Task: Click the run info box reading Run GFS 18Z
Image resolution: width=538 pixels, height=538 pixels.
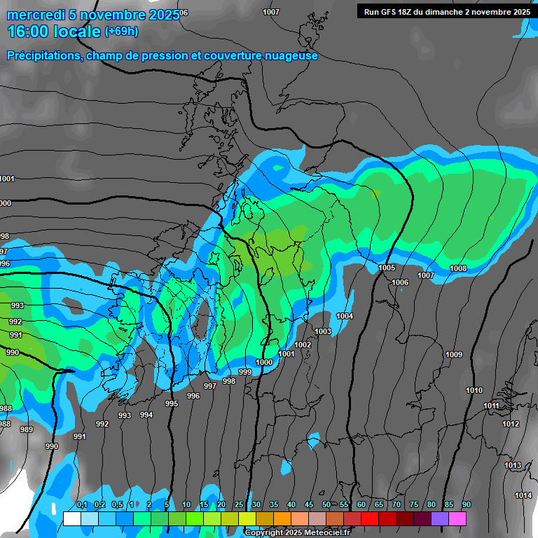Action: pos(447,11)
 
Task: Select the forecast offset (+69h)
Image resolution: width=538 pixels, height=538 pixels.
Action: pos(121,31)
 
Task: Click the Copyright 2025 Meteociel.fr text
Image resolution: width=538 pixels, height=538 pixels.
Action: pos(298,532)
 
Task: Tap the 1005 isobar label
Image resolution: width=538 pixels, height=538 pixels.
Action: pos(387,268)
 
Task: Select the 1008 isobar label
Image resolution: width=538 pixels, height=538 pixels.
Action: pos(458,268)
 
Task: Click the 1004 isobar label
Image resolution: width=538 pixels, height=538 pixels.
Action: pos(345,316)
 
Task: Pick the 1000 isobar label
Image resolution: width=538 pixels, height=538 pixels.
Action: pos(264,361)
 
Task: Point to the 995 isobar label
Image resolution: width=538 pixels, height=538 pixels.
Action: pos(172,403)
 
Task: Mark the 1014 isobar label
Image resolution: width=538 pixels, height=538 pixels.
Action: pos(523,495)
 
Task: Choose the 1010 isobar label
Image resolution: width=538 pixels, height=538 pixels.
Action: pos(474,390)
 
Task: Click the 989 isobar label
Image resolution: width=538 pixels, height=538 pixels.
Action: pos(27,429)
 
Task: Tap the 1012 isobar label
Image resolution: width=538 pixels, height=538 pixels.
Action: pos(511,424)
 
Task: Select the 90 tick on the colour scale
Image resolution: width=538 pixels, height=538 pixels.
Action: pos(466,505)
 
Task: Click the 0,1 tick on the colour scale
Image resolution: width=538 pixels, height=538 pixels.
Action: pos(81,505)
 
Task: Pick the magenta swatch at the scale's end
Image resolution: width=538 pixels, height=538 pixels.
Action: pos(457,518)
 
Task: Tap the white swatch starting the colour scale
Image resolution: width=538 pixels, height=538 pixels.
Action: pos(72,518)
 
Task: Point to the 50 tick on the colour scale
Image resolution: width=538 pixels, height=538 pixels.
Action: pos(326,505)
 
